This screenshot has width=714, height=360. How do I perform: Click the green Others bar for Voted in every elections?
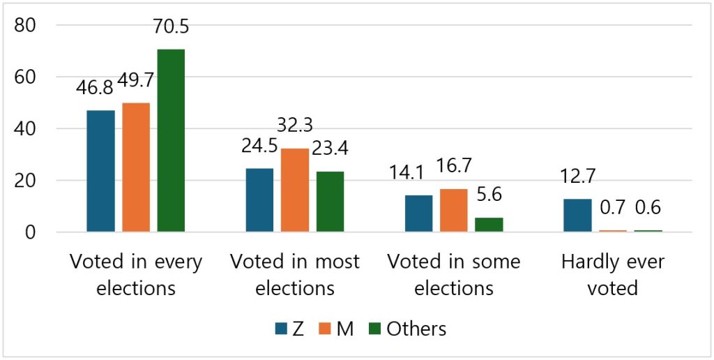coord(171,140)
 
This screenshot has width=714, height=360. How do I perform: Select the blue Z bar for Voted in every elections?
coord(101,171)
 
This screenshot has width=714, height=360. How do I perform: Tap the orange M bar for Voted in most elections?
coord(294,190)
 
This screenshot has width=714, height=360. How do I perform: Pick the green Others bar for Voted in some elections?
coord(488,225)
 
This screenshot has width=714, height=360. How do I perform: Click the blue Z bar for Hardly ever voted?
coord(577,215)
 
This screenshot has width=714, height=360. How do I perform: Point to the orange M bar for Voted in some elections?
coord(453,210)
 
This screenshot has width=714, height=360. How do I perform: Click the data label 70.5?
coord(171,28)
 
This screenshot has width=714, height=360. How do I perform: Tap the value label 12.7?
coord(579,179)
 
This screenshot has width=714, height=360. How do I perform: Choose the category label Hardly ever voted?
coord(613,275)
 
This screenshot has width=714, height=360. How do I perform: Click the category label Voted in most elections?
coord(294,275)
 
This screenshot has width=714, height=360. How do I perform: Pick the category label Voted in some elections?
coord(454,275)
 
